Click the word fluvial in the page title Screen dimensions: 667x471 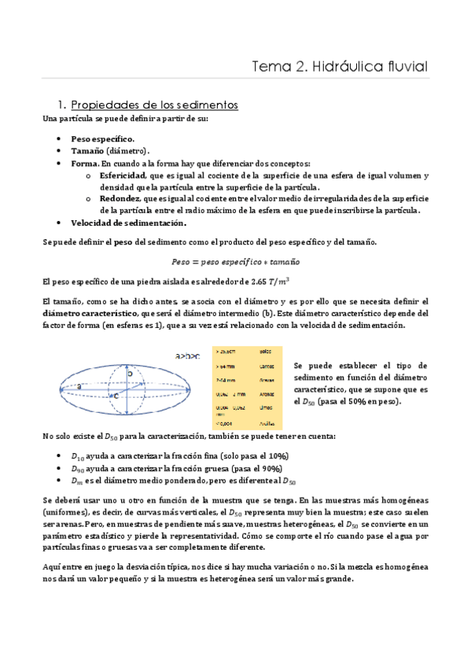pyautogui.click(x=402, y=67)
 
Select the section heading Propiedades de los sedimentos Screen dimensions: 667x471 pyautogui.click(x=154, y=105)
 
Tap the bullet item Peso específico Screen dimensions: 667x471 pyautogui.click(x=102, y=138)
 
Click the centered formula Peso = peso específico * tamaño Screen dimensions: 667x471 pyautogui.click(x=235, y=261)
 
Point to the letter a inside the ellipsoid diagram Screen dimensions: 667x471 pyautogui.click(x=79, y=386)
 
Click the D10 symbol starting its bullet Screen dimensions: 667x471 pyautogui.click(x=77, y=456)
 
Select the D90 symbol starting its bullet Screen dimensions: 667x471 pyautogui.click(x=77, y=469)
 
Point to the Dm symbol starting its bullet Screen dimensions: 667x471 pyautogui.click(x=77, y=481)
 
